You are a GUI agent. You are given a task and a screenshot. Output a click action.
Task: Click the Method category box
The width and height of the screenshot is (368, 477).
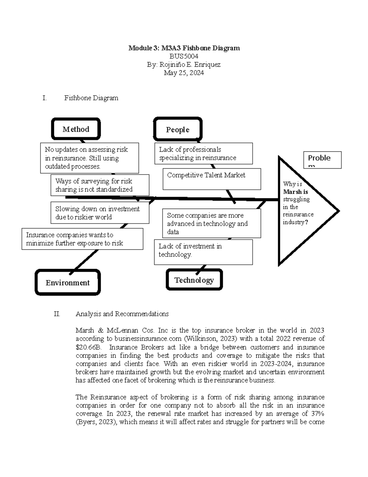(x=76, y=129)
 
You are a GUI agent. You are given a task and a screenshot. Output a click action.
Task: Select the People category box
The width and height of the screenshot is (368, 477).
(x=178, y=129)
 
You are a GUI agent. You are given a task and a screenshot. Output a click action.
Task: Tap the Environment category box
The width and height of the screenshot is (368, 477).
(x=68, y=283)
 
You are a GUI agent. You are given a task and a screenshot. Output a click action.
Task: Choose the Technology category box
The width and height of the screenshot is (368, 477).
(x=194, y=280)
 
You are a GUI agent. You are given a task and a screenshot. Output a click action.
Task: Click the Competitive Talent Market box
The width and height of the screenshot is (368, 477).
(x=212, y=179)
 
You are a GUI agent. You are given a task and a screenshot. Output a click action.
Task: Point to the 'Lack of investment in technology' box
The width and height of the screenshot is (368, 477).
(x=203, y=252)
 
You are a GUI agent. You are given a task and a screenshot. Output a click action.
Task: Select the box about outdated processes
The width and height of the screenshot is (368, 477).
(x=89, y=158)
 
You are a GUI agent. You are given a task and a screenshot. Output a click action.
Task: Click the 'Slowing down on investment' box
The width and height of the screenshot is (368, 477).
(x=100, y=213)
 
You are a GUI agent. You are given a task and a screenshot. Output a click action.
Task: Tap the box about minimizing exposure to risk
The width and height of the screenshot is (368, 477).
(x=82, y=239)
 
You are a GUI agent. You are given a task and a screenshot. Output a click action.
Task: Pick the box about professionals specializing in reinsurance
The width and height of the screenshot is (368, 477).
(x=203, y=154)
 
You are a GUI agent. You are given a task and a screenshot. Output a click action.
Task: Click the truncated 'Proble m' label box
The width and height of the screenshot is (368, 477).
(x=322, y=160)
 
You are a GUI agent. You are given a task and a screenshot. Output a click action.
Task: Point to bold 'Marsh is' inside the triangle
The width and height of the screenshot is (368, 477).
(x=296, y=192)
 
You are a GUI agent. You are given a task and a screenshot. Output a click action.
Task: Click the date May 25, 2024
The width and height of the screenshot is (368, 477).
(x=184, y=73)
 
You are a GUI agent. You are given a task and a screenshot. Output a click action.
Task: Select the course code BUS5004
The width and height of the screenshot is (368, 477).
(x=184, y=56)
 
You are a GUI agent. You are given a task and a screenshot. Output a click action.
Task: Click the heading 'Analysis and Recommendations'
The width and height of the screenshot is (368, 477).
(x=122, y=314)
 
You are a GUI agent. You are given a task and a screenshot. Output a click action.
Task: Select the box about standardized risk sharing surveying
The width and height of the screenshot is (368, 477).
(x=100, y=185)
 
